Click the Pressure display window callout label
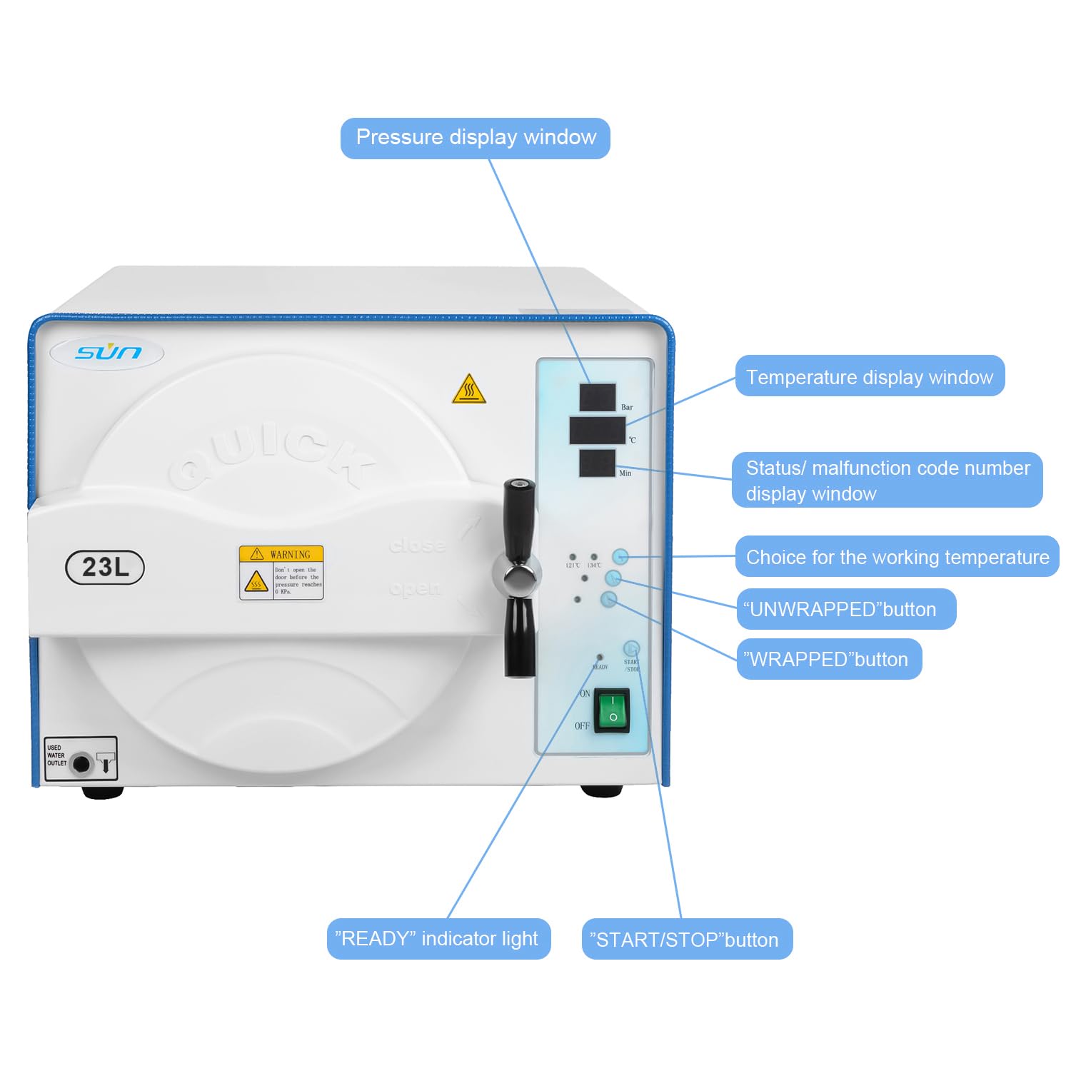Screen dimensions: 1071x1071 point(475,138)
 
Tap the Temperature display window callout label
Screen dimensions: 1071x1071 point(869,376)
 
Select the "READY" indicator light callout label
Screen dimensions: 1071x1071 point(438,939)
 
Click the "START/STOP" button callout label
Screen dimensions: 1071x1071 point(686,940)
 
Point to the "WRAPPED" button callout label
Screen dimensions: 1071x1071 point(828,659)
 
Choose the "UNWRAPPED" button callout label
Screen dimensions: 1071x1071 point(845,609)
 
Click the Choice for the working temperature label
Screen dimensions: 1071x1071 point(897,557)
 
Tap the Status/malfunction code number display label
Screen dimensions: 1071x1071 point(886,481)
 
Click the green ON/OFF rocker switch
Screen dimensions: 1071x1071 point(612,710)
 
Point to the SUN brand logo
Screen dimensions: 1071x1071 point(108,352)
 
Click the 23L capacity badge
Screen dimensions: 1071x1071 point(105,568)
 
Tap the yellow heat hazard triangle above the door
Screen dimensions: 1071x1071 point(469,390)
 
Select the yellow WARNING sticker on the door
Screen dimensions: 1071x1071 point(281,573)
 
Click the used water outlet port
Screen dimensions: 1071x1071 point(81,763)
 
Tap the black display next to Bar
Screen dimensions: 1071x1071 point(598,397)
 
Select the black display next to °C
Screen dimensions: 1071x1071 point(597,431)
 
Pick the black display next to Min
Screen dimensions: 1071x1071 point(597,463)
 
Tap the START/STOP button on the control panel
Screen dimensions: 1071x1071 point(630,648)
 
